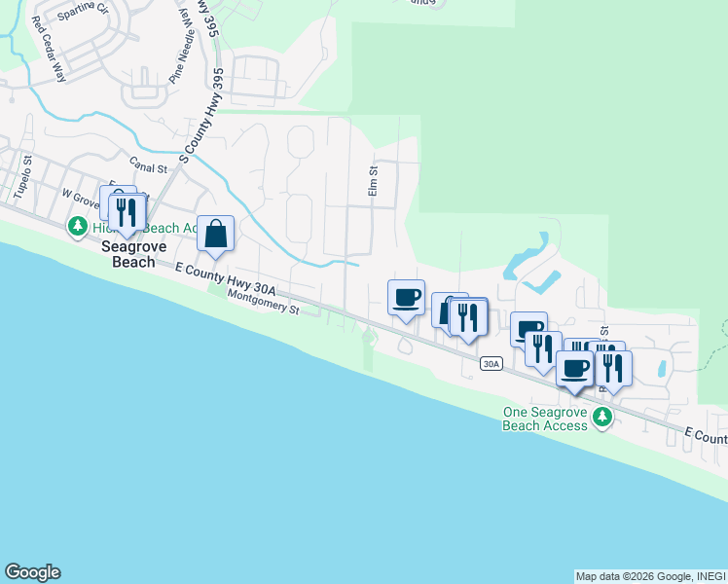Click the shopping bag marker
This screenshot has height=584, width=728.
216,234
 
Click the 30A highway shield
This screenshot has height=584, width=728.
491,364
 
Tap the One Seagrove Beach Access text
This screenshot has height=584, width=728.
545,419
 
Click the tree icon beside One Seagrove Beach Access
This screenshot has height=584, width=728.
603,417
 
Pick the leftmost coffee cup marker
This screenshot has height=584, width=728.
406,298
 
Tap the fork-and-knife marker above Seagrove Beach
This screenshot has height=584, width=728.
127,211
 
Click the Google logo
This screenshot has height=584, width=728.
32,572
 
